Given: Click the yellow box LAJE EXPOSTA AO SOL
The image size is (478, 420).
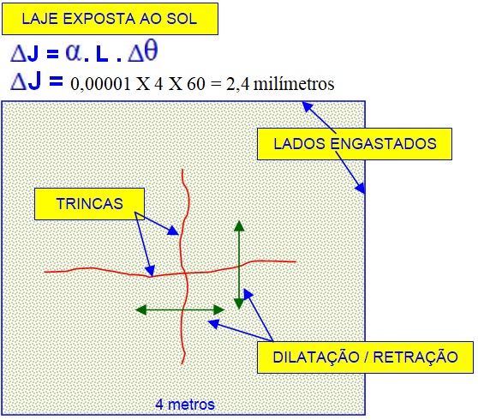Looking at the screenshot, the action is click(x=110, y=19).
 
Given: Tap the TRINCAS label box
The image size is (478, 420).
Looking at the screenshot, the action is click(x=89, y=204).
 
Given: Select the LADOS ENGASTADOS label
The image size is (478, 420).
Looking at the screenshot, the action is click(x=355, y=144).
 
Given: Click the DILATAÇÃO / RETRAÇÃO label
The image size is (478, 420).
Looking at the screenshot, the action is click(x=365, y=357).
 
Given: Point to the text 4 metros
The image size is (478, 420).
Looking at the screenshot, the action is click(x=185, y=405).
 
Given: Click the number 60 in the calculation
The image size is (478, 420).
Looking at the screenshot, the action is click(x=195, y=84).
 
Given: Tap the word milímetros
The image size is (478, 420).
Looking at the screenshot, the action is click(x=294, y=84).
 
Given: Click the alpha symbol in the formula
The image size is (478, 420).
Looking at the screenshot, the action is click(x=74, y=52).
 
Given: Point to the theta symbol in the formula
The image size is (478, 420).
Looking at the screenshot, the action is click(x=151, y=51).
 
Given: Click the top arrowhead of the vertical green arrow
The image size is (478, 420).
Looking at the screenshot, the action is click(x=239, y=225).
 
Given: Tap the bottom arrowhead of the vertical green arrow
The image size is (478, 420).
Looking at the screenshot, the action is click(x=239, y=303).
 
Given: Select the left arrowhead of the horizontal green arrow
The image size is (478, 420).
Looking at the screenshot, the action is click(x=140, y=310).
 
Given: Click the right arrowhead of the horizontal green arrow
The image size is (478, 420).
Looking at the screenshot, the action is click(x=219, y=310).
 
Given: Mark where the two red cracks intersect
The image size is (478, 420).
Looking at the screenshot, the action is click(x=184, y=273).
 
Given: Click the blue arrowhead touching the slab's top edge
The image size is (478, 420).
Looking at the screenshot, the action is click(x=308, y=107).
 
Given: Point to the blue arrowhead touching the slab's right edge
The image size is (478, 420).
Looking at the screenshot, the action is click(x=360, y=188).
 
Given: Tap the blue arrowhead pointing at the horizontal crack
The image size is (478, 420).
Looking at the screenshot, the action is click(x=150, y=271).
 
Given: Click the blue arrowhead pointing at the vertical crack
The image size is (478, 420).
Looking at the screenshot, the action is click(x=173, y=231).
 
